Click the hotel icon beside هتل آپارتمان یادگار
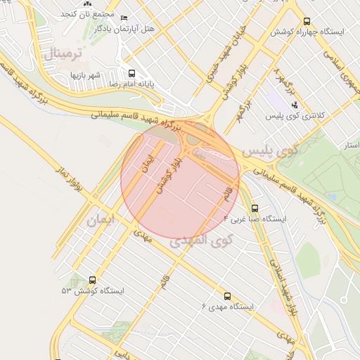pos(125,18)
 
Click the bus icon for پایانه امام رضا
pos(131,73)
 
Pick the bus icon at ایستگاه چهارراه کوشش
pos(307,22)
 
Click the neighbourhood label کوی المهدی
pos(201,242)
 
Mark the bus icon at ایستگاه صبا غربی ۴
pos(255,208)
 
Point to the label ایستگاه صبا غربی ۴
pos(255,219)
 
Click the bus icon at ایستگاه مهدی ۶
pos(227,296)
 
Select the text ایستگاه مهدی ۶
pos(228,307)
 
